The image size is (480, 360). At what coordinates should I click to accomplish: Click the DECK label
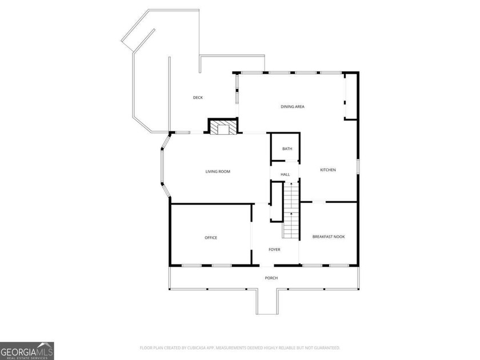pyautogui.click(x=198, y=98)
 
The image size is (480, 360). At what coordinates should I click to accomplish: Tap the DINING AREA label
pyautogui.click(x=291, y=107)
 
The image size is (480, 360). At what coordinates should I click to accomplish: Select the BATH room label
pyautogui.click(x=287, y=149)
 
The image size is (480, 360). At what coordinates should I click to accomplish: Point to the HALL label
pyautogui.click(x=285, y=174)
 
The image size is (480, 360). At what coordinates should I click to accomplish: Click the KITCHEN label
pyautogui.click(x=327, y=170)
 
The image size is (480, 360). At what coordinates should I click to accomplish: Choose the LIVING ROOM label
pyautogui.click(x=218, y=171)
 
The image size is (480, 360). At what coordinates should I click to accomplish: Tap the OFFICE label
pyautogui.click(x=211, y=238)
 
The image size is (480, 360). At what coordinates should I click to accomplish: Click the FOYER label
pyautogui.click(x=275, y=249)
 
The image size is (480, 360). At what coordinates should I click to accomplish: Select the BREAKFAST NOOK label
pyautogui.click(x=329, y=237)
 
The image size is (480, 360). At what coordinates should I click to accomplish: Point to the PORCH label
pyautogui.click(x=271, y=278)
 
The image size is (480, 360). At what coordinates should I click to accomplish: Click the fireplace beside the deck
pyautogui.click(x=221, y=127)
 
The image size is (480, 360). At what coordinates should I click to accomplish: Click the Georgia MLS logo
pyautogui.click(x=27, y=350)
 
